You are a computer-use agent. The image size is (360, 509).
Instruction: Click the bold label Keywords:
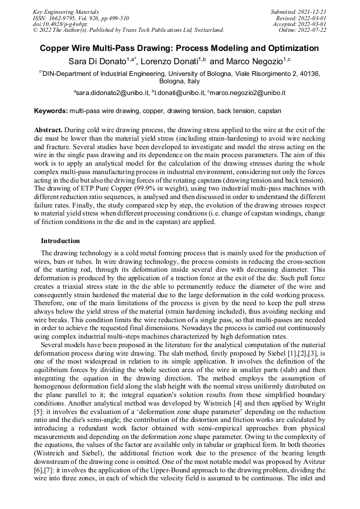coord(51,111)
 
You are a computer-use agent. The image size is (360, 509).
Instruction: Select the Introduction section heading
coord(60,241)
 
